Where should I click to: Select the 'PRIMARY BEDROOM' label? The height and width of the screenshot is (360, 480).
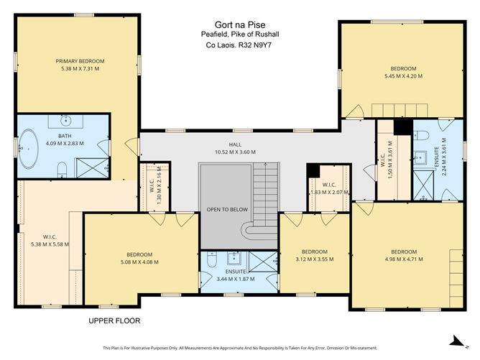point(80,61)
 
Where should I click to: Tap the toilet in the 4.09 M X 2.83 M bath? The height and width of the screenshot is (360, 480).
point(63,169)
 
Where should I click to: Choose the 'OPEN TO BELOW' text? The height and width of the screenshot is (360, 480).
point(226,209)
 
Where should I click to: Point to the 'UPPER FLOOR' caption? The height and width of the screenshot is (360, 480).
point(114,320)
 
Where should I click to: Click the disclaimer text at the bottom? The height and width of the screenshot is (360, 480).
point(239,347)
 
